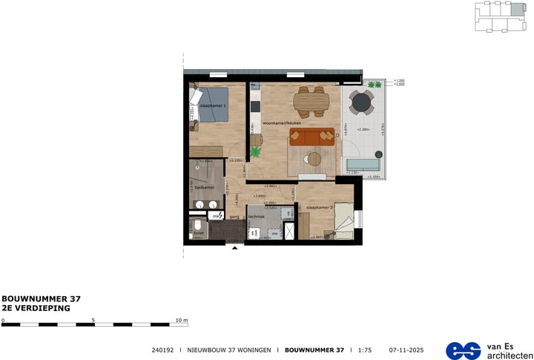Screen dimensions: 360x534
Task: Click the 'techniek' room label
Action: coord(257,217)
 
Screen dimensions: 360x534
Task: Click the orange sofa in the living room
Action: coord(312,137)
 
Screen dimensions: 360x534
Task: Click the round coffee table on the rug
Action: coord(314,157)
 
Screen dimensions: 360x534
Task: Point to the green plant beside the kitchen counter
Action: coord(256,151)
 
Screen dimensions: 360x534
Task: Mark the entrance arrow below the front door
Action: coord(236,249)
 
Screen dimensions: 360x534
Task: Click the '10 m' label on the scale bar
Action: coord(182,320)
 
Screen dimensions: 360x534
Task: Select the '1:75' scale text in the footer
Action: coord(365,349)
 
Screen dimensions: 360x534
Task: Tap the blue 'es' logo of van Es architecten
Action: coord(463,350)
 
